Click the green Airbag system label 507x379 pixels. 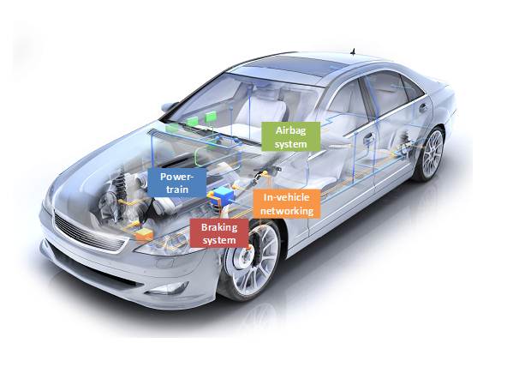coord(290,136)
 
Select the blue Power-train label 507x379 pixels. coord(177,183)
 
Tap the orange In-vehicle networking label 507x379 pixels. coord(287,204)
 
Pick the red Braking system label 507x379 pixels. coord(219,233)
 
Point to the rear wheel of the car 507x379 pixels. coord(430,153)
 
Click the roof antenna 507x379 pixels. coord(353,51)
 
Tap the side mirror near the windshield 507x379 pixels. coord(170,106)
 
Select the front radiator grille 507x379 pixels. coord(89,233)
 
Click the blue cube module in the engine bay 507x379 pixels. coord(224,194)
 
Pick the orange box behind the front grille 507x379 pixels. coord(144,234)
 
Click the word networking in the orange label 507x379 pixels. coord(287,211)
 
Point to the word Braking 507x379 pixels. coord(219,227)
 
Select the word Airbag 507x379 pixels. coord(290,130)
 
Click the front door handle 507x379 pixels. coord(368,139)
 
